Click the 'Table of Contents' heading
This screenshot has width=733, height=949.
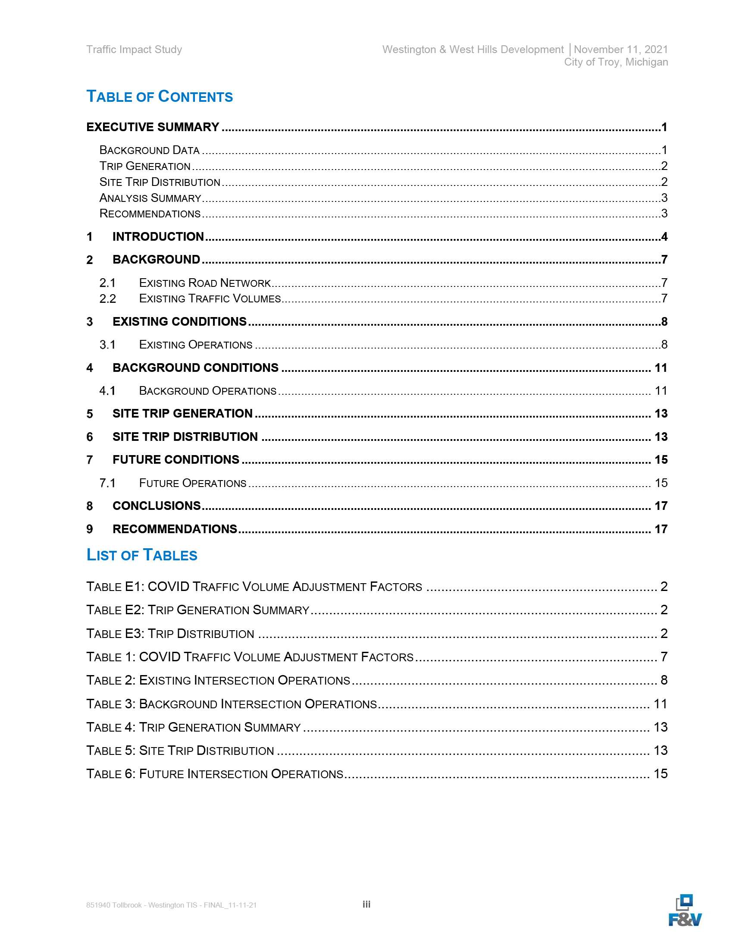click(x=160, y=97)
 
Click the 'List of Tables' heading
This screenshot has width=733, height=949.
click(x=141, y=555)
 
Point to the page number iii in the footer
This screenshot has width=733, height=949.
click(x=366, y=904)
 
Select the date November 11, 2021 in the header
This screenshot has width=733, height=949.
click(x=620, y=50)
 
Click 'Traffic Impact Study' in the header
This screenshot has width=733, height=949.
click(x=134, y=50)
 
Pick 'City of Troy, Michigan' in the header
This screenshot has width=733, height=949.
click(x=616, y=62)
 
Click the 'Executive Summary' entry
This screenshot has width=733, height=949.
click(x=153, y=127)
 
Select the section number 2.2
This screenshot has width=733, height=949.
click(x=107, y=299)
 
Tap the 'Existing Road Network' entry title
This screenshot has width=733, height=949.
click(x=204, y=283)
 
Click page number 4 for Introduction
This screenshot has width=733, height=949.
click(x=664, y=236)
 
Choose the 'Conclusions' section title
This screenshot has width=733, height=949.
click(x=157, y=506)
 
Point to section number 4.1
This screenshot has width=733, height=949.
click(x=107, y=391)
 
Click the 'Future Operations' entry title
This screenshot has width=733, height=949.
click(x=192, y=483)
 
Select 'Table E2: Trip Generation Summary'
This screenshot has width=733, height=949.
click(x=197, y=610)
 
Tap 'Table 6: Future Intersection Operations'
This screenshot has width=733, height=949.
click(x=215, y=774)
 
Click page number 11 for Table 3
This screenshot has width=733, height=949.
click(x=660, y=704)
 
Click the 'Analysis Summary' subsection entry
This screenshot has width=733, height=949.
click(x=150, y=198)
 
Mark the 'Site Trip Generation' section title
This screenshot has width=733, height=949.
click(x=182, y=413)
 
